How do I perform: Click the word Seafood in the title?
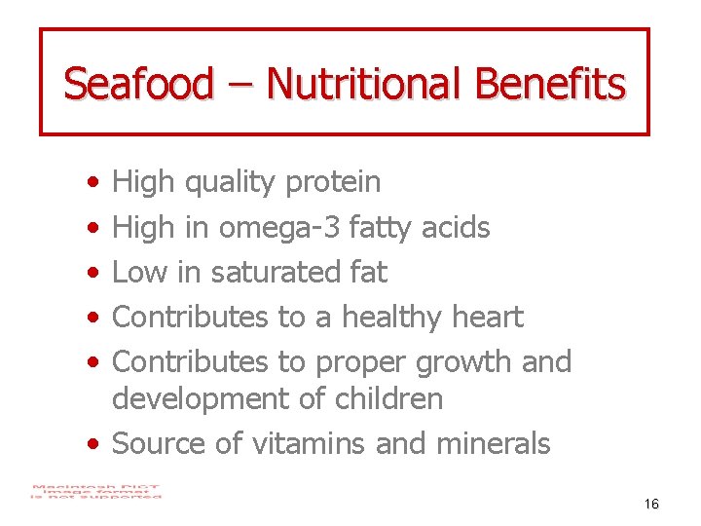click(x=137, y=84)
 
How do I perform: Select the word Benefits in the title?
click(x=550, y=84)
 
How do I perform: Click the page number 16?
click(x=651, y=504)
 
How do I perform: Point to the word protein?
click(x=333, y=182)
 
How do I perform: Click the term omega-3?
click(x=278, y=227)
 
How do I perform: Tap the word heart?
click(x=488, y=317)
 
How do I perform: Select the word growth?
click(x=462, y=362)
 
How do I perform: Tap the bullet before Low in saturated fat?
click(x=91, y=273)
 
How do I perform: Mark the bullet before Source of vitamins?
click(x=91, y=444)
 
